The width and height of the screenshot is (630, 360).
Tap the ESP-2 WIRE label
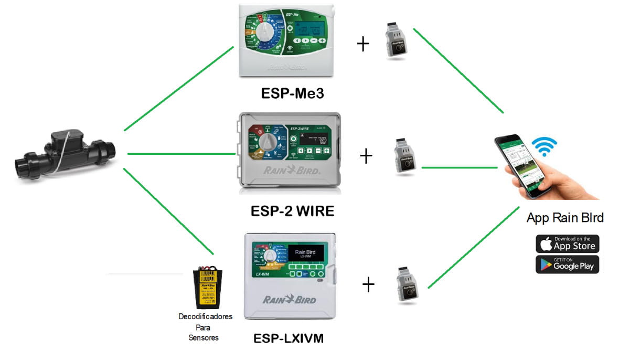pos(292,211)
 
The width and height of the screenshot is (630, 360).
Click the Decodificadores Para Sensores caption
pos(205,327)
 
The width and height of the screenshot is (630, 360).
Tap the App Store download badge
pos(567,244)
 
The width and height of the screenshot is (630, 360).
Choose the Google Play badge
pos(567,264)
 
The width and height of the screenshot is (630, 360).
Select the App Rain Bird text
pos(565,218)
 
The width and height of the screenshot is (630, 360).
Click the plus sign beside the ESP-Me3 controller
pos(363,44)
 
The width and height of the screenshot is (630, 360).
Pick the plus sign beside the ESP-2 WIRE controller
pos(366,156)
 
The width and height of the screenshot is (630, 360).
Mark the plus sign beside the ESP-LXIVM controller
pos(369,285)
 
